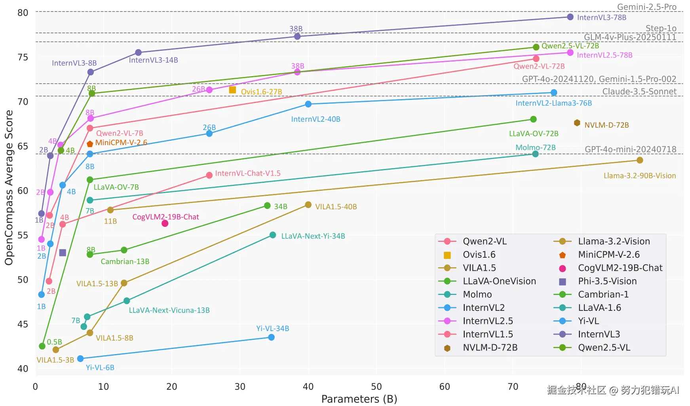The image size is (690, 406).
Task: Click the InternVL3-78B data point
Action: pyautogui.click(x=570, y=17)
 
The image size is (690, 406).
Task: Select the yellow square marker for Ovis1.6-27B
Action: pyautogui.click(x=233, y=90)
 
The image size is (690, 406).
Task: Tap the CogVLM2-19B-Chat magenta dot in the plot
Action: pyautogui.click(x=165, y=224)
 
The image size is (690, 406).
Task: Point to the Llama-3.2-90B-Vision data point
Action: pyautogui.click(x=640, y=160)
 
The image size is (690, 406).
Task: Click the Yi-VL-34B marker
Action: pyautogui.click(x=271, y=337)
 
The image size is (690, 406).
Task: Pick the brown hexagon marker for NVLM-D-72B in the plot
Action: pyautogui.click(x=577, y=123)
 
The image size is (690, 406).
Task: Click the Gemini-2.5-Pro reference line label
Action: pyautogui.click(x=647, y=7)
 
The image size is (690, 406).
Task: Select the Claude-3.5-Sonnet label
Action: pyautogui.click(x=639, y=92)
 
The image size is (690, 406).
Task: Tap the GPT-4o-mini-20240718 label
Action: pyautogui.click(x=631, y=149)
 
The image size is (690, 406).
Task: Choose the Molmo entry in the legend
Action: pyautogui.click(x=477, y=295)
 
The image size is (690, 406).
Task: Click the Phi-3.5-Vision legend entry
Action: pyautogui.click(x=607, y=282)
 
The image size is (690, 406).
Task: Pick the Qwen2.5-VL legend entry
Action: pyautogui.click(x=604, y=348)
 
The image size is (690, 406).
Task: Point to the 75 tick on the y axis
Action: pyautogui.click(x=23, y=57)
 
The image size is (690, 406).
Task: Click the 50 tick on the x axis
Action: pyautogui.click(x=376, y=387)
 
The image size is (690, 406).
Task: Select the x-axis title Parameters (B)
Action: pyautogui.click(x=359, y=399)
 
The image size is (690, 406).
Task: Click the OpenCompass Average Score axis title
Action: pyautogui.click(x=9, y=188)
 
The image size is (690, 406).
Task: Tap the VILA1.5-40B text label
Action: pyautogui.click(x=336, y=207)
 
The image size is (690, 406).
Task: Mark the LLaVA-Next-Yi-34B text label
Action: pyautogui.click(x=313, y=236)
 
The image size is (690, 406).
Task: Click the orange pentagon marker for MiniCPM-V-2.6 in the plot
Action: pyautogui.click(x=90, y=144)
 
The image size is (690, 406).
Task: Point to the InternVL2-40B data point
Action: pyautogui.click(x=308, y=104)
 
